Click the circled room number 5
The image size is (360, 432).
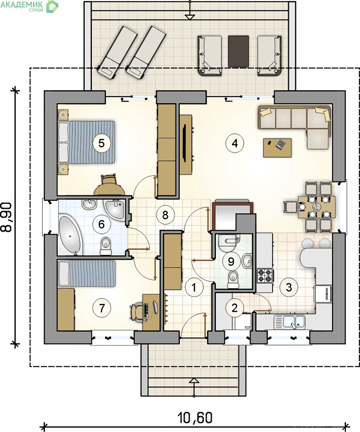(x=101, y=143)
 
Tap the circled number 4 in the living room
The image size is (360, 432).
(x=235, y=143)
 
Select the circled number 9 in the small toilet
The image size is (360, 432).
(x=231, y=261)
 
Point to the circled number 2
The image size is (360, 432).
(x=234, y=308)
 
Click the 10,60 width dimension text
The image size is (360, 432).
(x=195, y=417)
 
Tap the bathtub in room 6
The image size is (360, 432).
(x=71, y=235)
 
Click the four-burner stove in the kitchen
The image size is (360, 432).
(x=265, y=275)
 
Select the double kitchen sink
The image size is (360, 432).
(x=289, y=321)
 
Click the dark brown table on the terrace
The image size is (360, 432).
(x=239, y=51)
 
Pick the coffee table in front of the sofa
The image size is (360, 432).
(x=277, y=147)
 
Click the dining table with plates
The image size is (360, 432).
(x=317, y=207)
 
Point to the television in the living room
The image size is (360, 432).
(x=186, y=144)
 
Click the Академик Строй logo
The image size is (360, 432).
(x=30, y=6)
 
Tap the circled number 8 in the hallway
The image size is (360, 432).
(x=165, y=214)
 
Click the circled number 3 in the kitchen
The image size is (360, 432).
(x=289, y=287)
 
